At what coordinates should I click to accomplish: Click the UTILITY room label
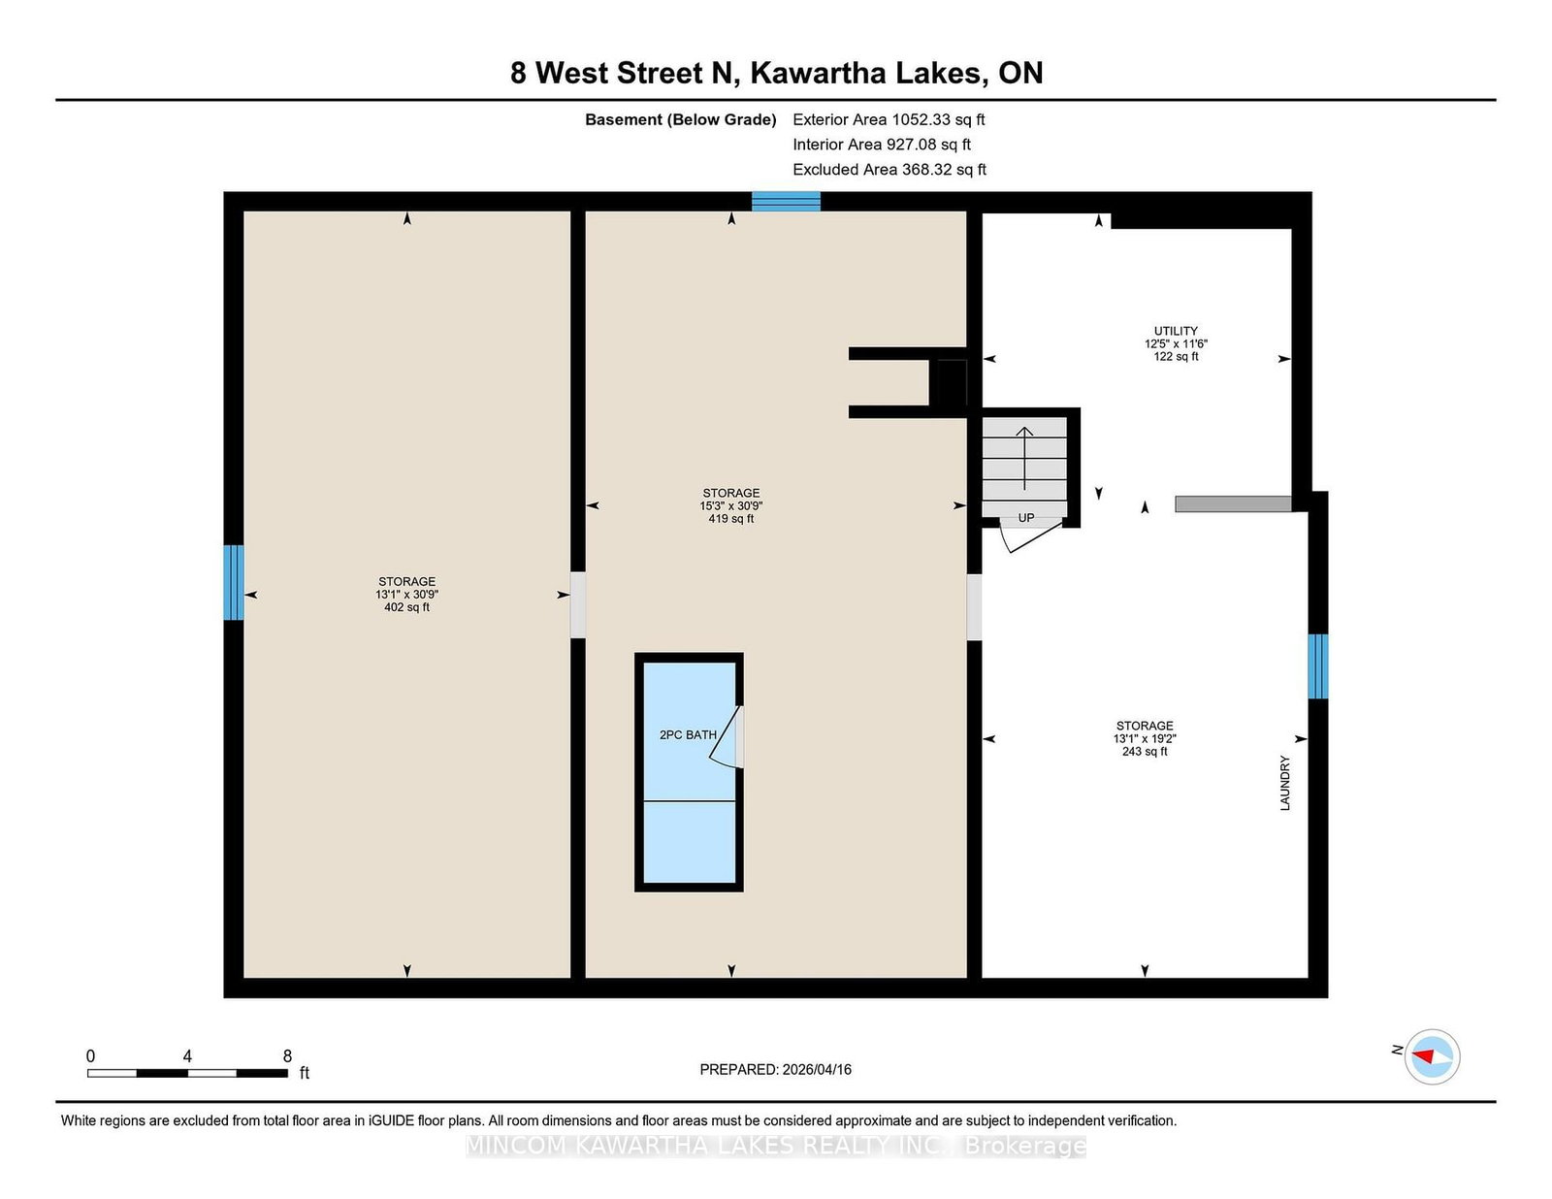[x=1176, y=331]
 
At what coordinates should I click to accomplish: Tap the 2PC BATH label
[x=688, y=735]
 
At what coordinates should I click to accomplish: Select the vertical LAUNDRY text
[x=1285, y=783]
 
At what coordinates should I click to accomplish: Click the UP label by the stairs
[x=1026, y=518]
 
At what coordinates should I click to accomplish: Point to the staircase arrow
[x=1024, y=457]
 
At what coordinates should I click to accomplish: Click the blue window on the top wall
[x=786, y=202]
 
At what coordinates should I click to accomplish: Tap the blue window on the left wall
[x=234, y=582]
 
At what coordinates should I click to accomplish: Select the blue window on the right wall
[x=1317, y=666]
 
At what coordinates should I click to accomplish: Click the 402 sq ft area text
[x=406, y=607]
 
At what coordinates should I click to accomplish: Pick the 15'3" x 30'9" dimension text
[x=731, y=506]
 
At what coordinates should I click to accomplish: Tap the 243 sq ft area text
[x=1145, y=752]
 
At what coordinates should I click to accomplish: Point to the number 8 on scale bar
[x=287, y=1056]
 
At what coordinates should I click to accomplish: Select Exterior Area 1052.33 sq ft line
[x=889, y=120]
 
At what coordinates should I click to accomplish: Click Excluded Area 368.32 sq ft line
[x=889, y=170]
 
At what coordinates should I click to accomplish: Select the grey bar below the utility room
[x=1233, y=504]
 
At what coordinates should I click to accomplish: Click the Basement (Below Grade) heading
[x=680, y=120]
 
